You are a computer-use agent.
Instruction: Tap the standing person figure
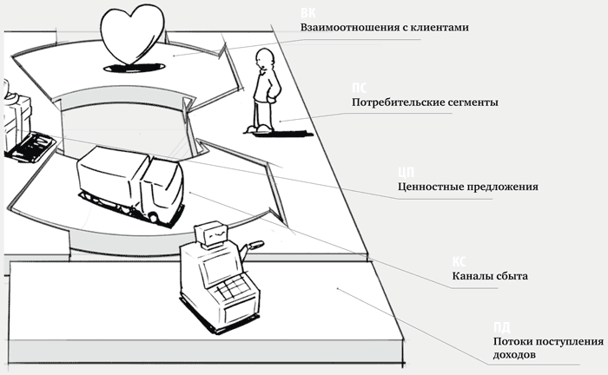(263, 91)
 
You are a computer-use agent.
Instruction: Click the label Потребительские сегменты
(412, 102)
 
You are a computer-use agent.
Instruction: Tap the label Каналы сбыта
(490, 276)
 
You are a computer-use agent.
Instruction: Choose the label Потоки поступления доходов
(546, 348)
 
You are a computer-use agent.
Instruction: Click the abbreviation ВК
(307, 13)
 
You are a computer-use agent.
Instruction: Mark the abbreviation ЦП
(404, 172)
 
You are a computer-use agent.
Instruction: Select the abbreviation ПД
(499, 327)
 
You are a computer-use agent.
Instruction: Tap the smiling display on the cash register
(212, 234)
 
